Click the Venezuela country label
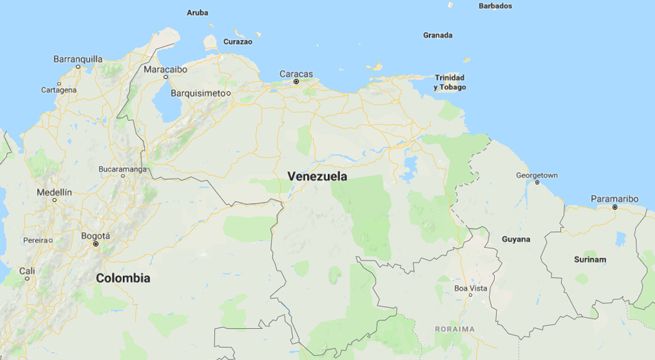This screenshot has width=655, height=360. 317,176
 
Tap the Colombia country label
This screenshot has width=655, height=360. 123,278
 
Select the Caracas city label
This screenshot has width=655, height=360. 296,73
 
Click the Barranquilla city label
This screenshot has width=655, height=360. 78,59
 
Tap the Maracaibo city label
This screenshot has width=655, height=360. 165,69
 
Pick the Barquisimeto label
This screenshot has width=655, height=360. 197,93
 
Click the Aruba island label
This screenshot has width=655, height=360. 198,13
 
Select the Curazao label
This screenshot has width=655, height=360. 237,42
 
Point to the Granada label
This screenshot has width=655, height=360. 437,35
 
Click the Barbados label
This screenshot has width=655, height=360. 495,6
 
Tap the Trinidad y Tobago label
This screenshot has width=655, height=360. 449,82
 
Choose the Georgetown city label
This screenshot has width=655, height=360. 537,175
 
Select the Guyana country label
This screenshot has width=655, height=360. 516,239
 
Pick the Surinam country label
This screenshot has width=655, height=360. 589,259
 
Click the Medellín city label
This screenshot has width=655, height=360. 54,191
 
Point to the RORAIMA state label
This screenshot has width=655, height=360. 455,329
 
